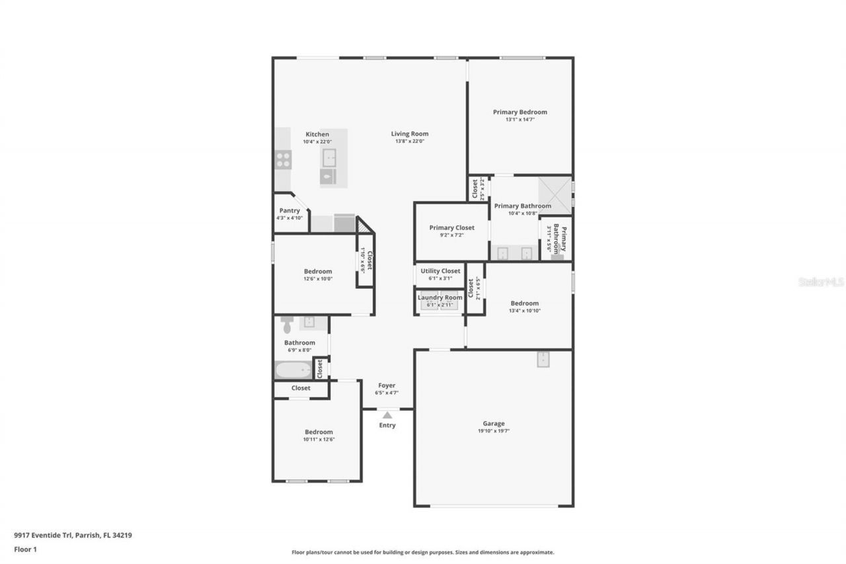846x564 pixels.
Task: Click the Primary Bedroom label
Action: click(x=519, y=112)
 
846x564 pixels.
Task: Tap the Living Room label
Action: click(x=410, y=134)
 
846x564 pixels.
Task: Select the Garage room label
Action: click(x=493, y=423)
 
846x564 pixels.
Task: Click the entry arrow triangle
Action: click(x=387, y=415)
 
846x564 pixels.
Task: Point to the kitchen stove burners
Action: click(x=283, y=159)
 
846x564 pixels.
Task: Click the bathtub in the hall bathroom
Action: click(x=293, y=370)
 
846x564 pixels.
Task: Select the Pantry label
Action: click(x=289, y=210)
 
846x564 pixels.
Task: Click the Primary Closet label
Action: click(x=451, y=227)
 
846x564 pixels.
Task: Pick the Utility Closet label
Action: click(x=440, y=270)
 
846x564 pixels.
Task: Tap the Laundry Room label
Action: click(x=440, y=298)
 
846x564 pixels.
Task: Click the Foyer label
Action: click(x=387, y=385)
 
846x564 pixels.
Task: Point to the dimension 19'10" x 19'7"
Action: click(x=493, y=430)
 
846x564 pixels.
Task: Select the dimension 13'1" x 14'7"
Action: click(x=519, y=120)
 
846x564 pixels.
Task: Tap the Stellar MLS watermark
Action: click(x=821, y=282)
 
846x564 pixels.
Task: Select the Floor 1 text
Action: click(x=25, y=549)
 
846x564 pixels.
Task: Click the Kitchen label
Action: click(x=317, y=134)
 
